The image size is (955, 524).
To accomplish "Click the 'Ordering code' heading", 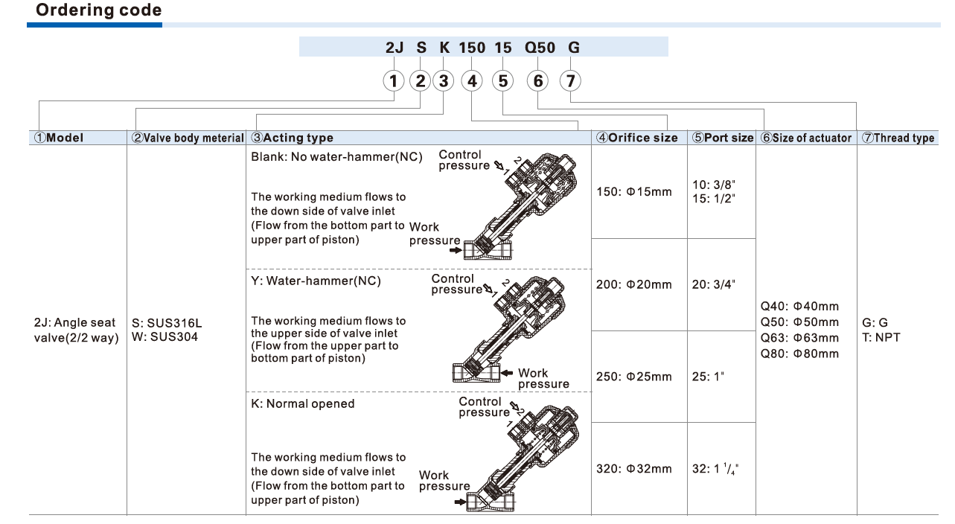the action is [98, 10].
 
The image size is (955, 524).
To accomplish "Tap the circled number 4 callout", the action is [471, 80].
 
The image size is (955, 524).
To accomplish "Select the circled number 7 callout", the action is [570, 80].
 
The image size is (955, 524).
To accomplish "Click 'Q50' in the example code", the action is [540, 48].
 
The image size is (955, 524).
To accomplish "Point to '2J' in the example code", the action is [395, 48].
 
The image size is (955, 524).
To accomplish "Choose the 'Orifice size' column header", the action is [637, 138].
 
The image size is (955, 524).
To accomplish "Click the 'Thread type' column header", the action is [898, 138].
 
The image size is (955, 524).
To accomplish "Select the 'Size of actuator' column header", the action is [806, 138].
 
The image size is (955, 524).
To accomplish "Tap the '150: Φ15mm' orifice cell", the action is [634, 192].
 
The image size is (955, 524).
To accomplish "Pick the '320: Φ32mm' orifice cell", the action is [634, 469].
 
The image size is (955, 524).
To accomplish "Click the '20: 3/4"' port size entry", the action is [714, 284].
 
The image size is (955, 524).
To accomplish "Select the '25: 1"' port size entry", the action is [708, 377].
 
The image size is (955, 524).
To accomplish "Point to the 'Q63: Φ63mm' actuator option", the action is [799, 338].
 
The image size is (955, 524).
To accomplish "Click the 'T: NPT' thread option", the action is [881, 338].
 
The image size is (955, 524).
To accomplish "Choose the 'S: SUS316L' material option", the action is [167, 323].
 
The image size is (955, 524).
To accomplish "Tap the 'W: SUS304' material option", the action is [165, 337].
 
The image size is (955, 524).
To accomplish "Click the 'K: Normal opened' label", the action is [303, 403].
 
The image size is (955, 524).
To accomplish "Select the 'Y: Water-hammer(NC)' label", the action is [316, 281].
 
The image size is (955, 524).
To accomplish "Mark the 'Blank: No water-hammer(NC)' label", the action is [336, 157].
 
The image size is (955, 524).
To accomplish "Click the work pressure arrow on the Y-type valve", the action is [506, 373].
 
